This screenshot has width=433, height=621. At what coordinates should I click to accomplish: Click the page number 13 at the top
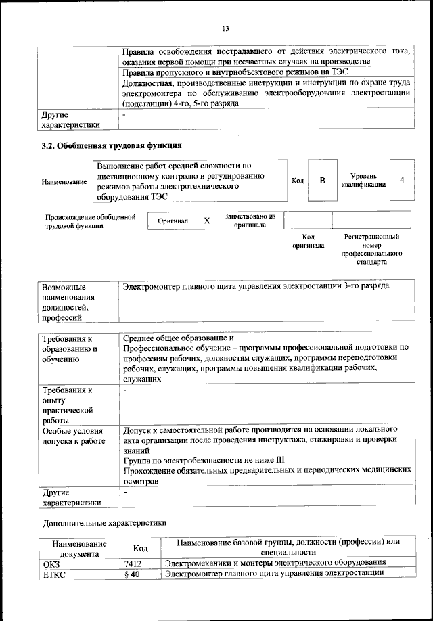[x=225, y=28]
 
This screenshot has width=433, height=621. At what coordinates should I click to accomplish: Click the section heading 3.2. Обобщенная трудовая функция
[x=112, y=145]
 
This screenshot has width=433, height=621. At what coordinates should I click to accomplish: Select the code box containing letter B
[x=323, y=180]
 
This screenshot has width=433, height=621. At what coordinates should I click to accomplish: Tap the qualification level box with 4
[x=402, y=180]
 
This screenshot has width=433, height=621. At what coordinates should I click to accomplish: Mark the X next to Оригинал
[x=207, y=221]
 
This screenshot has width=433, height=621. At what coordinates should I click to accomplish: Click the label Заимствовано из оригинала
[x=249, y=221]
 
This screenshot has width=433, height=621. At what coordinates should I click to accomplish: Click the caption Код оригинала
[x=308, y=241]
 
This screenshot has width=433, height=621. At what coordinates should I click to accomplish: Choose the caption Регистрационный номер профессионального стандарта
[x=371, y=249]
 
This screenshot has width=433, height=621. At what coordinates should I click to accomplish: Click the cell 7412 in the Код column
[x=133, y=563]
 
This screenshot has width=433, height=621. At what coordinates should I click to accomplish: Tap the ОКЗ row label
[x=51, y=563]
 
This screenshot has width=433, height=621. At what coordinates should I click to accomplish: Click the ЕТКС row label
[x=53, y=574]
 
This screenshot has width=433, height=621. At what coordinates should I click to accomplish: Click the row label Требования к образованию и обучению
[x=70, y=348]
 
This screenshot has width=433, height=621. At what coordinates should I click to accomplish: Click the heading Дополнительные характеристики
[x=104, y=523]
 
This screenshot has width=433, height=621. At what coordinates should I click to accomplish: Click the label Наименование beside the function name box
[x=64, y=182]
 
